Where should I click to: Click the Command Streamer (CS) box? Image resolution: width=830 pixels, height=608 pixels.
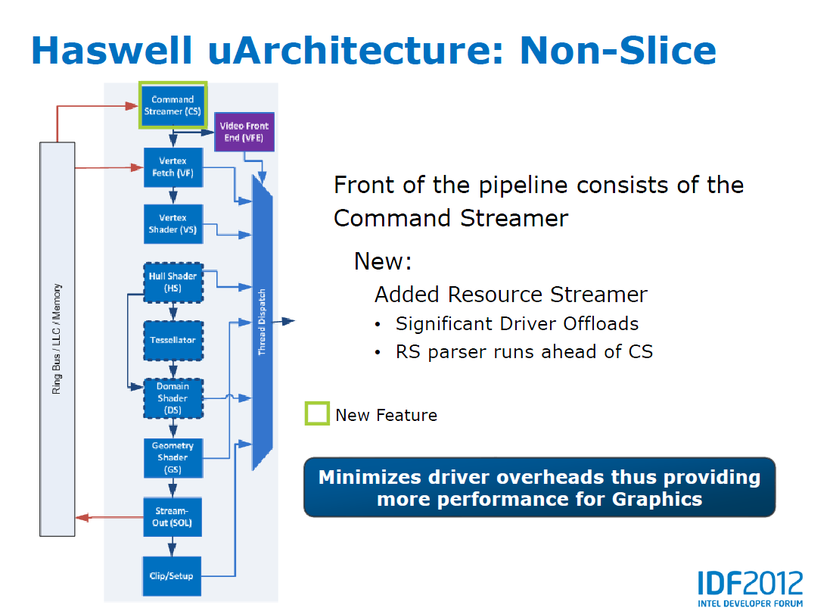tap(173, 105)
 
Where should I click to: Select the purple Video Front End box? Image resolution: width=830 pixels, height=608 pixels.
tap(244, 133)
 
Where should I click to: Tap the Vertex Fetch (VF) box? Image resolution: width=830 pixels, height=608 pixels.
tap(173, 167)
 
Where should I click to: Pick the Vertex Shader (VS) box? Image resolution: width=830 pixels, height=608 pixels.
tap(173, 223)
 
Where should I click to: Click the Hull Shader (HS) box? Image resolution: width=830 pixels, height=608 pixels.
tap(173, 282)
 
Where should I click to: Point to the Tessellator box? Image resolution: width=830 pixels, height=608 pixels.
tap(173, 340)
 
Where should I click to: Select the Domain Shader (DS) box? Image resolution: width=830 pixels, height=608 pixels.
tap(173, 398)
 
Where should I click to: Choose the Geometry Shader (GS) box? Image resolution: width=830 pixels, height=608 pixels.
tap(173, 457)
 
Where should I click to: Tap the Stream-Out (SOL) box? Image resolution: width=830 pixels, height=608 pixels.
tap(173, 516)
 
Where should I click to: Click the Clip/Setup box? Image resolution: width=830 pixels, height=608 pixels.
tap(173, 575)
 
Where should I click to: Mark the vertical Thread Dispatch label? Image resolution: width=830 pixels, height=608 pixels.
tap(262, 322)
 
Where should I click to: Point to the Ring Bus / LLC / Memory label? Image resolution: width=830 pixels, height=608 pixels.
tap(58, 338)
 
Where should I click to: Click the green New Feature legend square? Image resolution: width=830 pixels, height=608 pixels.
tap(317, 414)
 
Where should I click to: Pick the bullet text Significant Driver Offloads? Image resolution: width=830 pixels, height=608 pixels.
tap(517, 324)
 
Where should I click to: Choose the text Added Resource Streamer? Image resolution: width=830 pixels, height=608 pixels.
tap(511, 294)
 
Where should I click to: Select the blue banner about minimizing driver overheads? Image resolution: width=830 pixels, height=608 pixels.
tap(539, 488)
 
